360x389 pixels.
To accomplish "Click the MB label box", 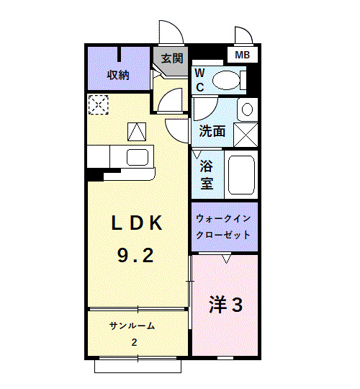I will tap(241, 54).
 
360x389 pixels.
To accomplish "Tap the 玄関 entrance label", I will tap(171, 58).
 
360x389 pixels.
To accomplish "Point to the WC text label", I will tap(200, 80).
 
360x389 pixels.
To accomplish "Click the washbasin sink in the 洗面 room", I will tap(246, 110).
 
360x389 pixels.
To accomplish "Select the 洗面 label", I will tap(212, 132).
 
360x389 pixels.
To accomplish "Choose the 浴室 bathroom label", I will tap(207, 173).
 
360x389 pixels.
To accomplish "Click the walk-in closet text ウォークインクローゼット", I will tap(223, 226).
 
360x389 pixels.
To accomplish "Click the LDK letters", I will tap(137, 223).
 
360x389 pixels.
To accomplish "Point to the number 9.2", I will tap(135, 254).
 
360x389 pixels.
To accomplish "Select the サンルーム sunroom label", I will tap(132, 326).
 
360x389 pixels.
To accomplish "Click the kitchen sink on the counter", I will tap(137, 156).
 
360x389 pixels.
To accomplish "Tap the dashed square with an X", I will tap(96, 104).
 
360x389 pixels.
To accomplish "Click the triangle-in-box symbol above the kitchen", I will tap(137, 130).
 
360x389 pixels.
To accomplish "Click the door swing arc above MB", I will tap(242, 36).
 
